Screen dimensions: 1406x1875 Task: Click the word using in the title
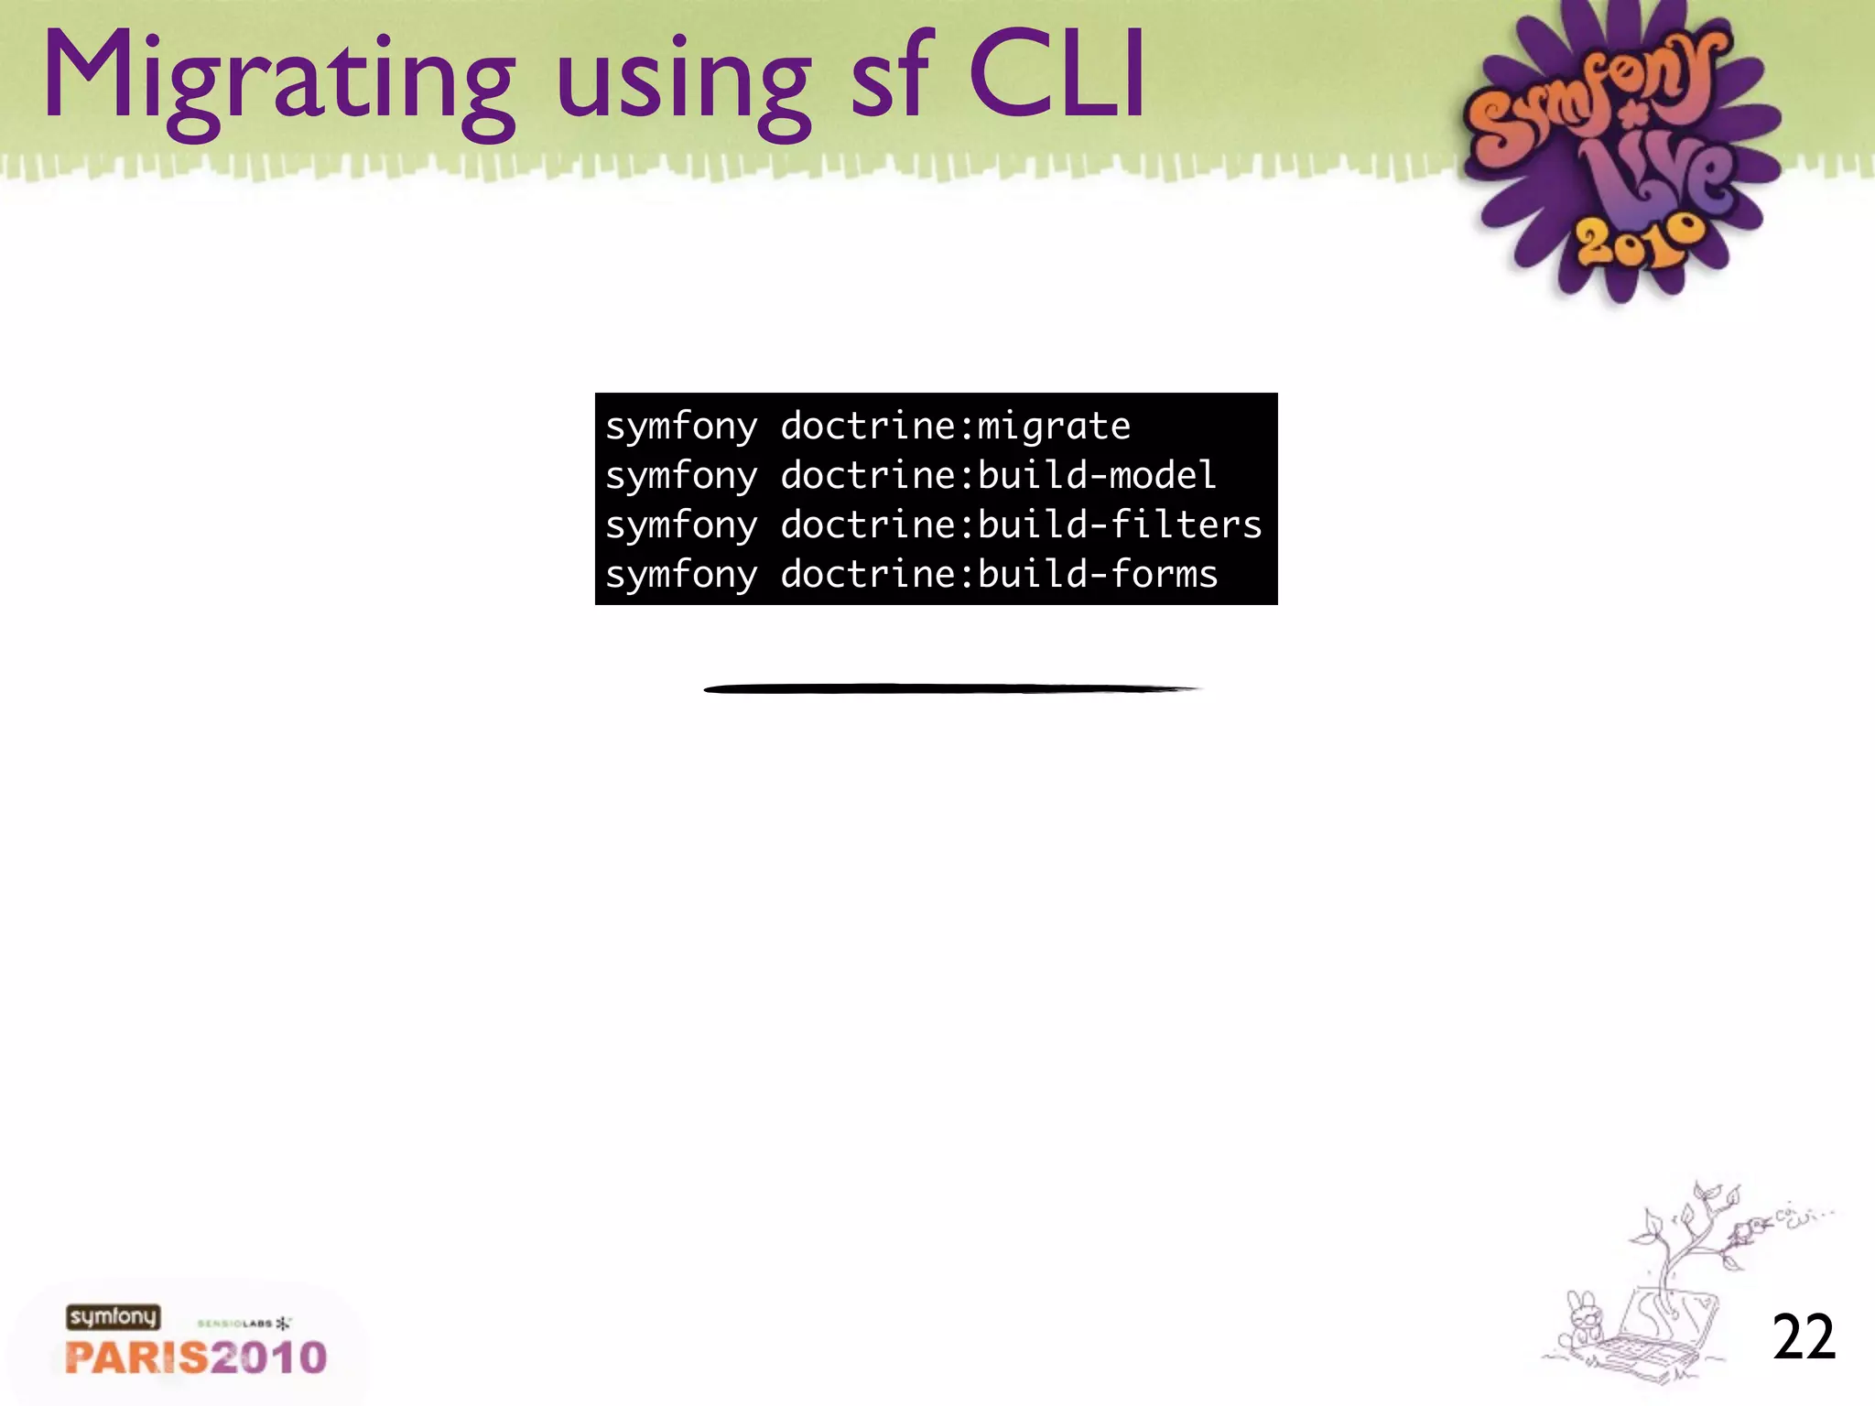683,87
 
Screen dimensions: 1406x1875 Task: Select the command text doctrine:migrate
955,427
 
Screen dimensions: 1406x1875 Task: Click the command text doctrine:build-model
998,476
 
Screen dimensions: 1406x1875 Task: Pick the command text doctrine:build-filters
1021,525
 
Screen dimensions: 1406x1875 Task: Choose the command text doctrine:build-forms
999,575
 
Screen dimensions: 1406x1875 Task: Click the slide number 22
1804,1337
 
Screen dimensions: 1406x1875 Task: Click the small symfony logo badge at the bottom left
113,1317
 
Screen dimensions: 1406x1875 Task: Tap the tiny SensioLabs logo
244,1324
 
